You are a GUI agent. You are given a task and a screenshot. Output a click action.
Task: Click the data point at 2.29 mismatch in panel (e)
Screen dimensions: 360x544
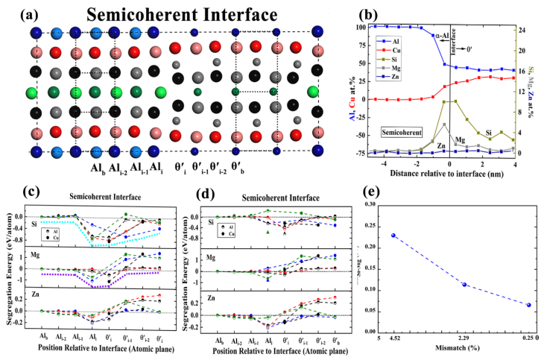[464, 284]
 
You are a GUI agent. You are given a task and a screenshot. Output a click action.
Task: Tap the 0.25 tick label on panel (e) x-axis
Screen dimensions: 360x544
[525, 338]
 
